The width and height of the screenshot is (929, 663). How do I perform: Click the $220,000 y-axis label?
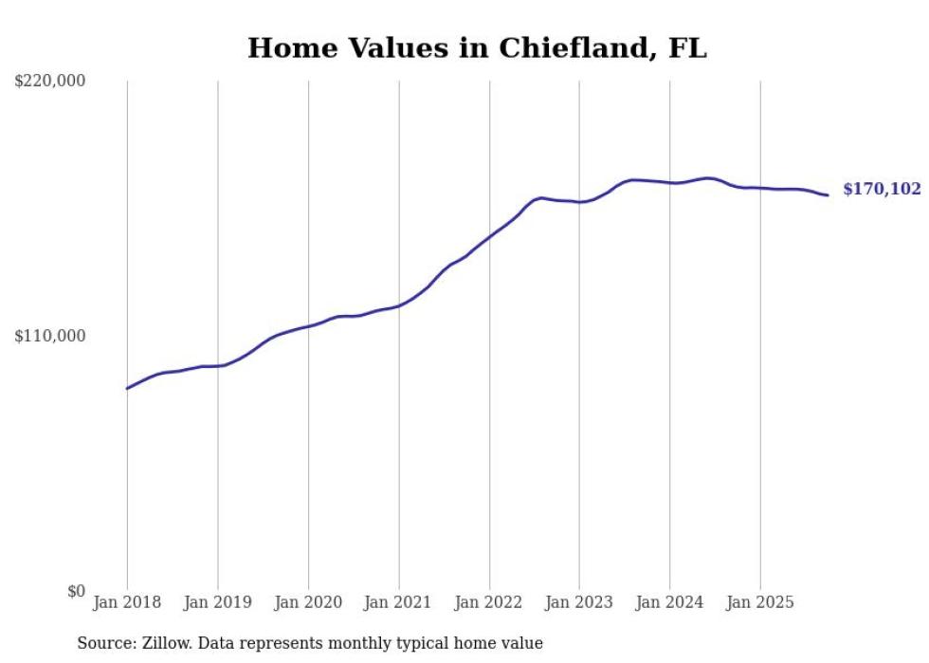point(50,82)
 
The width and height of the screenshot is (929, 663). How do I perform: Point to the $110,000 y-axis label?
point(50,336)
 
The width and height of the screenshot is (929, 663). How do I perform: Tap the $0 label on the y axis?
point(76,591)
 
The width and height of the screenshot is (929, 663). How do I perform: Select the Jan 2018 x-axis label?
point(127,602)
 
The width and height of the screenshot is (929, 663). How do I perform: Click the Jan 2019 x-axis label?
point(217,602)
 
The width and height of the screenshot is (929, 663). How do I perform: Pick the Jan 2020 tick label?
point(308,602)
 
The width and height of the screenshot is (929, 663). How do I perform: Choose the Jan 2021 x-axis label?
point(398,602)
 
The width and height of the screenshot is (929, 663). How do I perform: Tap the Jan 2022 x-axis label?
point(489,602)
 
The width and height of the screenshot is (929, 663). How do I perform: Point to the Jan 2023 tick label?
point(579,602)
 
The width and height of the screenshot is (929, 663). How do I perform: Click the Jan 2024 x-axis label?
point(669,602)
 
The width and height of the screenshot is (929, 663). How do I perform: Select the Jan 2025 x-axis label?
point(760,602)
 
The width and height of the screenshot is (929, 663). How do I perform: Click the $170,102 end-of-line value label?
point(882,190)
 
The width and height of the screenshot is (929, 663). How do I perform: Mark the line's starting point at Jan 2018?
point(127,388)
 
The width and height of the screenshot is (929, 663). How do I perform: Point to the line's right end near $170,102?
point(828,195)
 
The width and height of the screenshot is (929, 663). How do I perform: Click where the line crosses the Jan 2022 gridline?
point(489,236)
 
